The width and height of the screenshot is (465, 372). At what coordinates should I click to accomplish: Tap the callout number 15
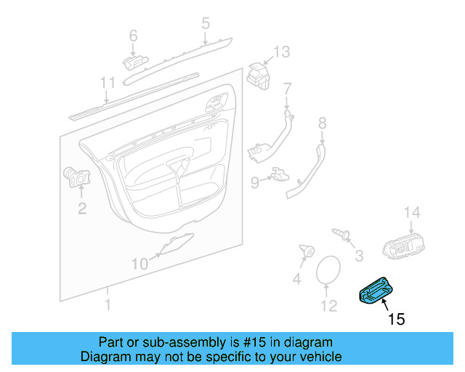(396, 318)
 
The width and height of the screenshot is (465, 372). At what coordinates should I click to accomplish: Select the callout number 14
(412, 211)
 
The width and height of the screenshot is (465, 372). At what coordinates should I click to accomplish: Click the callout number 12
(329, 307)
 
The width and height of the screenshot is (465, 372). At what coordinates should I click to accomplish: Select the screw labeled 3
(341, 233)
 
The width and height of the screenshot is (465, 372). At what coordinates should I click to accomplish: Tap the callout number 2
(82, 209)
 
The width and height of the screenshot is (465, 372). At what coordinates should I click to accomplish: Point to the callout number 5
(206, 24)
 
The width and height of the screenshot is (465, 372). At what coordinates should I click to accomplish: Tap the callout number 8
(322, 124)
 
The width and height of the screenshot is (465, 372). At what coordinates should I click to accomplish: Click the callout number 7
(287, 89)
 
